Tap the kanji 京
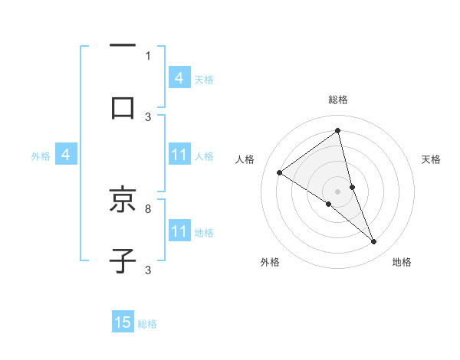(x=123, y=201)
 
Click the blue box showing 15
(x=123, y=322)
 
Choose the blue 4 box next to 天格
(x=179, y=77)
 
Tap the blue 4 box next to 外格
(x=66, y=155)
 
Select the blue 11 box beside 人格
(x=179, y=155)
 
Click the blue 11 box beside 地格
(x=179, y=231)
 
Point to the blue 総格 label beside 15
(x=147, y=324)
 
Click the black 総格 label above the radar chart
(x=338, y=100)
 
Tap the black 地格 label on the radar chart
(x=402, y=262)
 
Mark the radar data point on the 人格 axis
(x=280, y=172)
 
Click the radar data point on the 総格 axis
(x=338, y=131)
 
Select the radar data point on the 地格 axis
(x=374, y=242)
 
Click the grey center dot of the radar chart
(x=338, y=191)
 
